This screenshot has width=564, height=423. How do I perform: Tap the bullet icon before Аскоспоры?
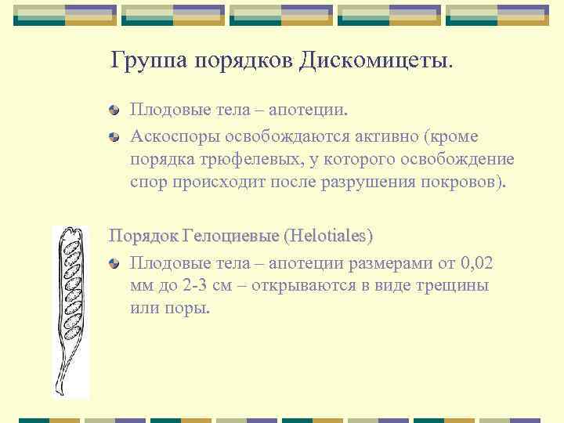114,137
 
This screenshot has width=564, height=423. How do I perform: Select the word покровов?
467,183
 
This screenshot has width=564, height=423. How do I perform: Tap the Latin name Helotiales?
329,235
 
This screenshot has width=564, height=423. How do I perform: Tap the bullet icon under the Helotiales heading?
114,263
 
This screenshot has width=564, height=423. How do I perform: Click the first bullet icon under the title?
114,114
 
